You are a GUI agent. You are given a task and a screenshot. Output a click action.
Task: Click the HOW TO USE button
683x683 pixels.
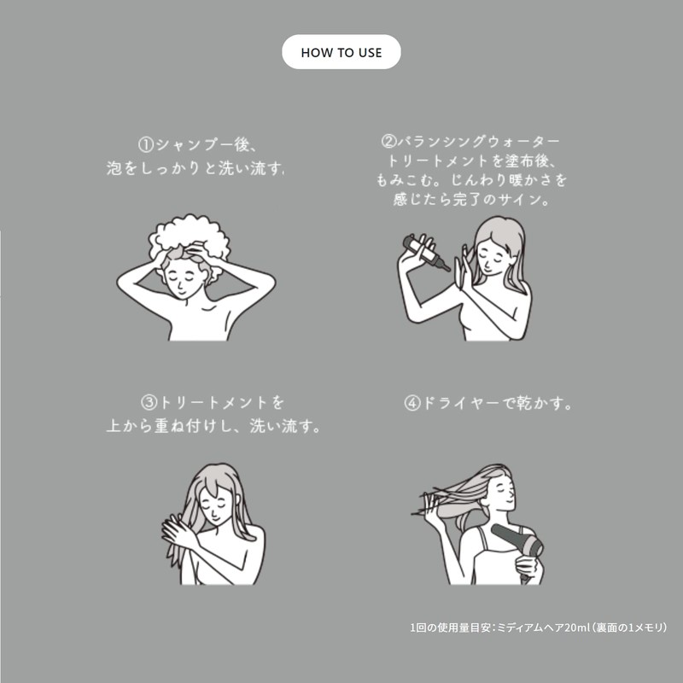(341, 52)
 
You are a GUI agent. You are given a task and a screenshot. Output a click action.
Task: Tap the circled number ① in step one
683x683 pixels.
(146, 145)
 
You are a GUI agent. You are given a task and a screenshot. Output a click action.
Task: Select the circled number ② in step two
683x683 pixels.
(388, 141)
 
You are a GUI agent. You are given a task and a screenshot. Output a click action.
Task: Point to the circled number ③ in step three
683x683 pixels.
(149, 402)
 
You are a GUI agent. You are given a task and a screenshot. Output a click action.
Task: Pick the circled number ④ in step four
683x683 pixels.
(412, 403)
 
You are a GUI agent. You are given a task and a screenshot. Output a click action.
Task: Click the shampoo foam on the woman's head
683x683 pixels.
(190, 240)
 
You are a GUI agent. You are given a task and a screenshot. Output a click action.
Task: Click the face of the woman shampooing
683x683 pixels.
(183, 280)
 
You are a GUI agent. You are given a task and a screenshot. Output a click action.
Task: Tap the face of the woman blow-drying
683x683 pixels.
(500, 493)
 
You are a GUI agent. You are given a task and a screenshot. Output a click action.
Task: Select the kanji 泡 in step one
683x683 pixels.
(114, 168)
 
